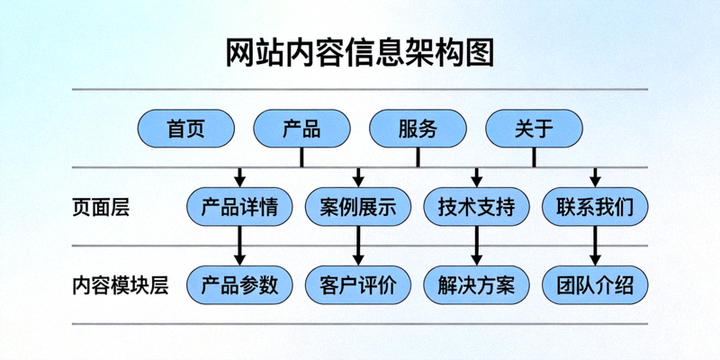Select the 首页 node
point(185,129)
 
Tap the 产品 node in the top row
point(301,129)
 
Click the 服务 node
point(418,129)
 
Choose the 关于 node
point(534,129)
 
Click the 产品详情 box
point(239,207)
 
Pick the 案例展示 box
point(358,207)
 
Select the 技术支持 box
point(477,207)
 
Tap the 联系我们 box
point(595,207)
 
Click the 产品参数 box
point(239,285)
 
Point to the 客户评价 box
point(358,285)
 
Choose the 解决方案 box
point(477,285)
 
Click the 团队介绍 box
point(595,285)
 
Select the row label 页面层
point(101,208)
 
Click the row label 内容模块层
point(121,285)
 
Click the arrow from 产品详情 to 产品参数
point(239,246)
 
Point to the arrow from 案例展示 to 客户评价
point(358,246)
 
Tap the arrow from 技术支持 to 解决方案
point(477,246)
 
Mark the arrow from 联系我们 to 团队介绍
point(595,246)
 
